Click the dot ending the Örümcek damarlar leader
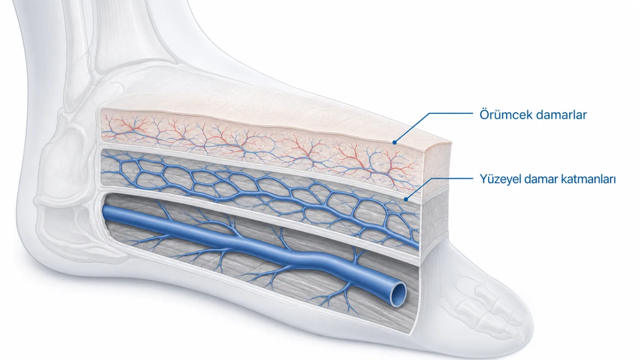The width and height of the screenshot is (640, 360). [x=394, y=142]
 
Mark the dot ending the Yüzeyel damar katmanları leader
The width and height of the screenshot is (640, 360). [x=406, y=199]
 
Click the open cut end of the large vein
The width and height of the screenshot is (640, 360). [x=398, y=294]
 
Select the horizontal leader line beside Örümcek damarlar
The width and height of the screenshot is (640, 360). [x=451, y=113]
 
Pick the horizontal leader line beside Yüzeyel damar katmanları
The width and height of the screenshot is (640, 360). [x=452, y=178]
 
